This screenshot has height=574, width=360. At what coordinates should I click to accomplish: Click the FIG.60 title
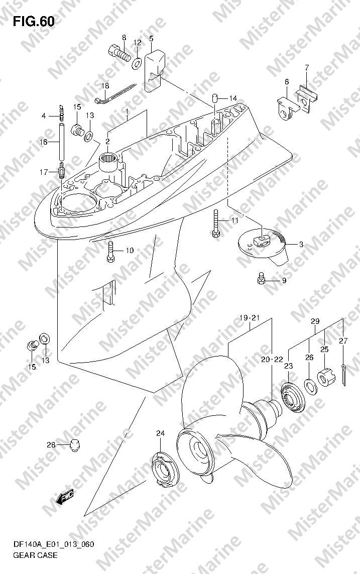pyautogui.click(x=34, y=22)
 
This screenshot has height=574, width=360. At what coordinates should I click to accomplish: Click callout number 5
pyautogui.click(x=151, y=39)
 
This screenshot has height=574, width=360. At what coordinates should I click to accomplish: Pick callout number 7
pyautogui.click(x=307, y=67)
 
